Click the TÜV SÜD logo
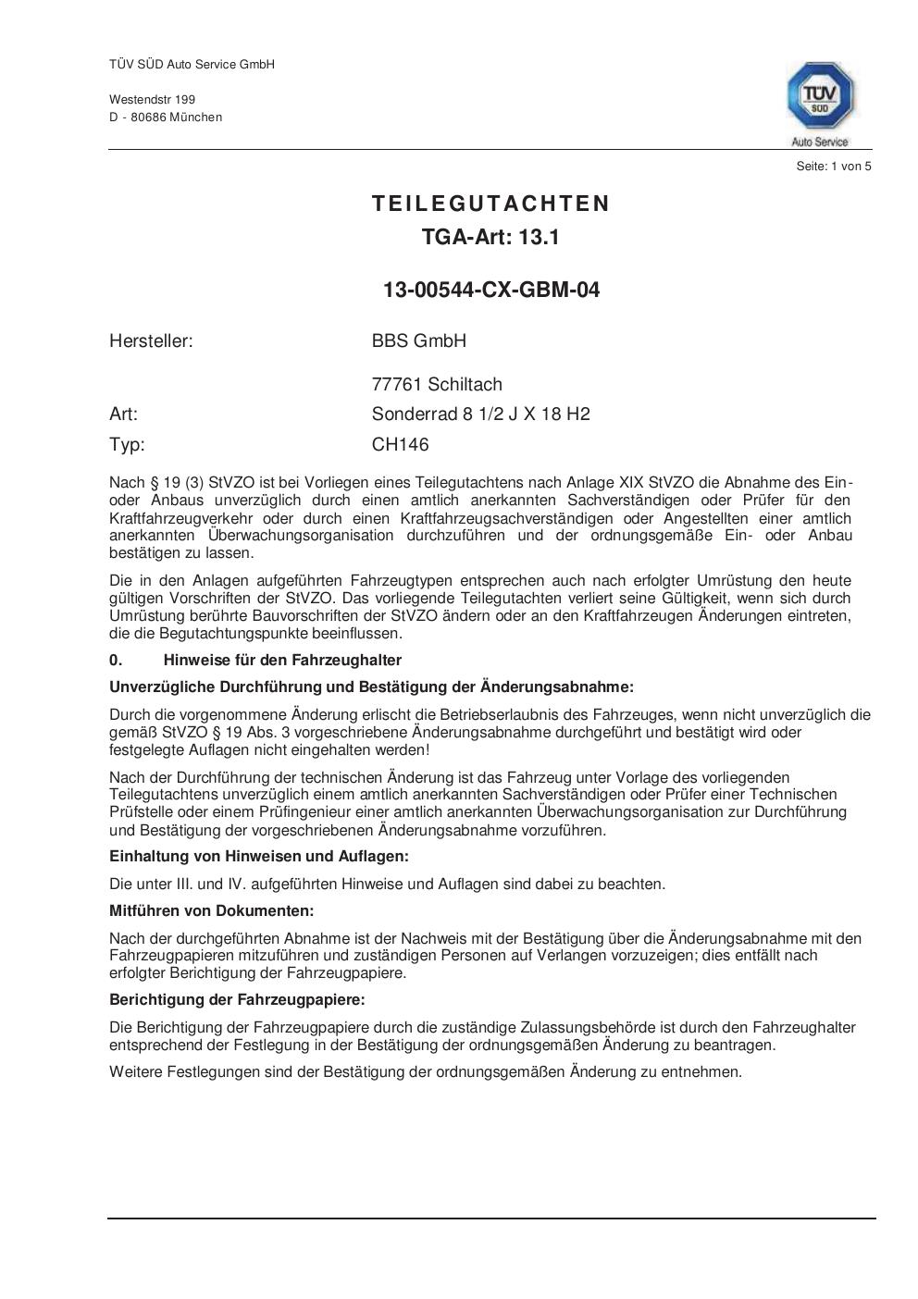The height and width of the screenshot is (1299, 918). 820,101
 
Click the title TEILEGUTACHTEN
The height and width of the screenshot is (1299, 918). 491,204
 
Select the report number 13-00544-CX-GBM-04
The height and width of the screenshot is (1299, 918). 491,290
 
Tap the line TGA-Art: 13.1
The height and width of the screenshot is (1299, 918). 491,237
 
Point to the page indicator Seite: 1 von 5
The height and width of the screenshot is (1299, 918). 833,167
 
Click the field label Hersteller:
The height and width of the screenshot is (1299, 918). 151,340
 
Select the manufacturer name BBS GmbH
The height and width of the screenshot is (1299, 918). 419,340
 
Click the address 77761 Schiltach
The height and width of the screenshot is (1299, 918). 437,384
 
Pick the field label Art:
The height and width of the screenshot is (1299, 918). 123,414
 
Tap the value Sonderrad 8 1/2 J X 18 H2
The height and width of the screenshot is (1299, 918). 480,414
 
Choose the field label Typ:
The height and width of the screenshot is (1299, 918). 127,444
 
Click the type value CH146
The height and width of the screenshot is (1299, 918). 401,444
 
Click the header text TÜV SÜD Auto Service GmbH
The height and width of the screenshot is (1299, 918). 192,64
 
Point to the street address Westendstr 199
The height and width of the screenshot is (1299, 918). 152,99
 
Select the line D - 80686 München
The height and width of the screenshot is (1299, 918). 166,117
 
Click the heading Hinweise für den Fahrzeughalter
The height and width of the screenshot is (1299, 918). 282,660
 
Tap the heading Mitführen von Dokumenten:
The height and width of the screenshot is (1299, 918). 211,910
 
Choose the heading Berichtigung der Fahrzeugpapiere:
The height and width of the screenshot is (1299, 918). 237,999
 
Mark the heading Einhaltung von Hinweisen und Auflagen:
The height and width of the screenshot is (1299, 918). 258,856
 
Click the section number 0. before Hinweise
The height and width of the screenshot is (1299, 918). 116,660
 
